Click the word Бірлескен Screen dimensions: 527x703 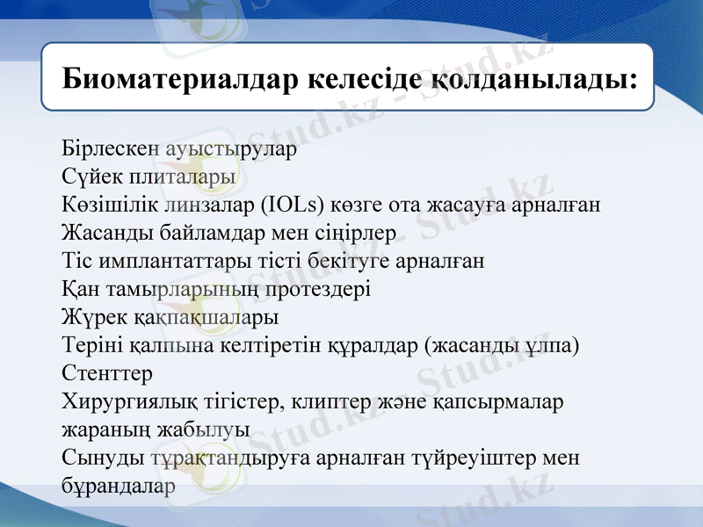110,148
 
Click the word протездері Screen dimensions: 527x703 317,289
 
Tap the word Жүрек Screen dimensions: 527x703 92,317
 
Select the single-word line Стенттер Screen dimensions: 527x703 107,373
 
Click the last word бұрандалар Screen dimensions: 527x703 119,486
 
